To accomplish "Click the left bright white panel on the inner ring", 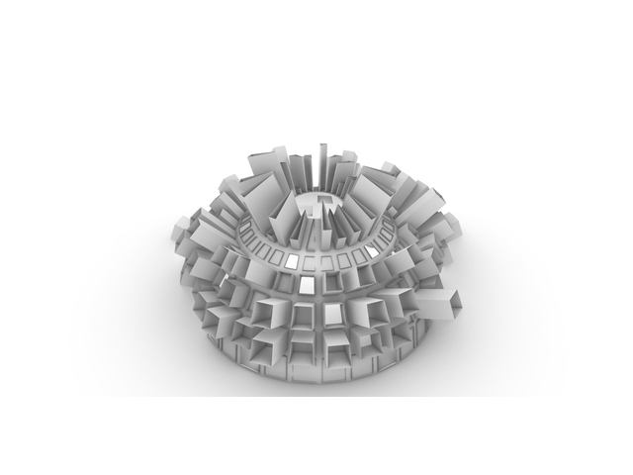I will coord(292,260).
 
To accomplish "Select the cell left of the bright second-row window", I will coord(280,284).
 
